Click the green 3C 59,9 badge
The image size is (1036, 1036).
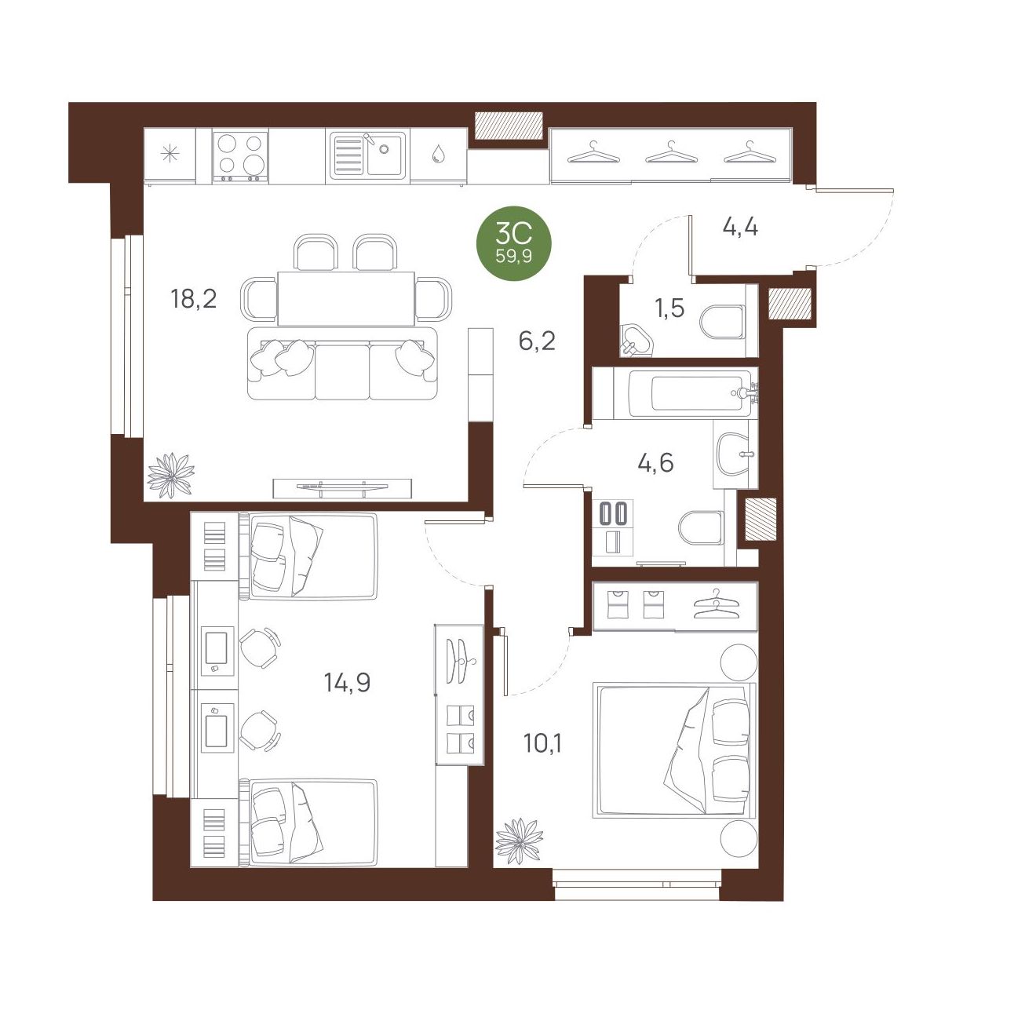(x=513, y=243)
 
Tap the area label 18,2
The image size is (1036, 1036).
(x=194, y=299)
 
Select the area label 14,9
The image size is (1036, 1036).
(x=348, y=684)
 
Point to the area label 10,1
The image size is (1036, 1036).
(x=542, y=743)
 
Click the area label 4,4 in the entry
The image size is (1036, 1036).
(x=740, y=228)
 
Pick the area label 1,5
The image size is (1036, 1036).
(x=669, y=308)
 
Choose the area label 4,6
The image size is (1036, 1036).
(x=655, y=462)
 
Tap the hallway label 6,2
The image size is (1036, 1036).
(x=537, y=341)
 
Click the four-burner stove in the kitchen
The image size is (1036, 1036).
(x=240, y=155)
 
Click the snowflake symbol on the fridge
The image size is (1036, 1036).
(x=170, y=155)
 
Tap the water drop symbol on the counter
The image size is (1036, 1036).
(x=439, y=154)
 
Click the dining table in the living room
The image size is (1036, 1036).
(x=346, y=298)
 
